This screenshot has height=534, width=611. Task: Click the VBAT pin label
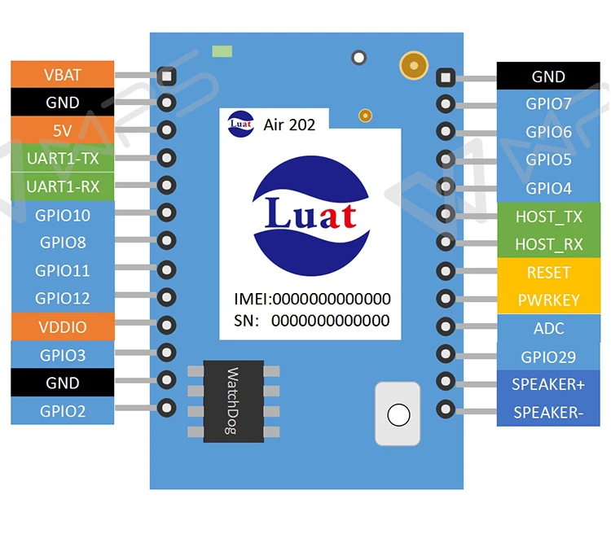[x=63, y=74]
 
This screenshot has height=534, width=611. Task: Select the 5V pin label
[x=63, y=130]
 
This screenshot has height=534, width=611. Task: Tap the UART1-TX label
[x=63, y=158]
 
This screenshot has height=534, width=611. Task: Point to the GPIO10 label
[x=63, y=215]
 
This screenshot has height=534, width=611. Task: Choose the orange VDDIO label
[x=63, y=326]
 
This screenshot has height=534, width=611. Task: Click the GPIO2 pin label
[x=63, y=411]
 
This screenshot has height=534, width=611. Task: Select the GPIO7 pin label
[x=548, y=103]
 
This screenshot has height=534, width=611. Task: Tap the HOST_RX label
[x=548, y=244]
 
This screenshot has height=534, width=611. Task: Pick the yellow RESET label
[x=548, y=272]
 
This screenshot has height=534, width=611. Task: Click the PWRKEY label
[x=548, y=300]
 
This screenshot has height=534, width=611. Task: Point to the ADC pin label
[x=548, y=328]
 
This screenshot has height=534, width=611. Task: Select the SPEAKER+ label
[x=548, y=384]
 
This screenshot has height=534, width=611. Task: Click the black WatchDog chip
[x=234, y=401]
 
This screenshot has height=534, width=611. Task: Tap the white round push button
[x=398, y=415]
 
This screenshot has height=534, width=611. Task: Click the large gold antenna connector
[x=414, y=65]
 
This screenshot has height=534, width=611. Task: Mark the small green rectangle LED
[x=222, y=51]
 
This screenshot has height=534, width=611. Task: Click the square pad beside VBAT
[x=167, y=76]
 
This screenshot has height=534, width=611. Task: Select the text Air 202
[x=289, y=125]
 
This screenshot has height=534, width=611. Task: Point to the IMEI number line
[x=312, y=299]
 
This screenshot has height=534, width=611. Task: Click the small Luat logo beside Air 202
[x=241, y=124]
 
